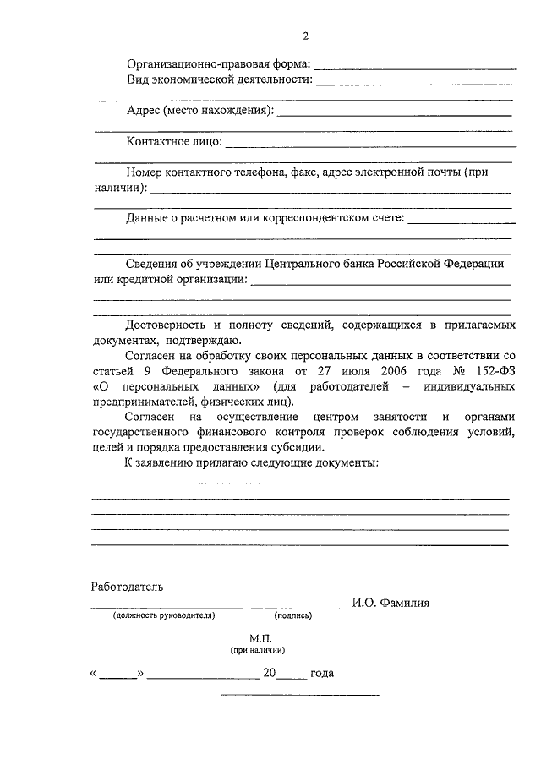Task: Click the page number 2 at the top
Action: pyautogui.click(x=305, y=36)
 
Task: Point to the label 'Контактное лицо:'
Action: pyautogui.click(x=174, y=141)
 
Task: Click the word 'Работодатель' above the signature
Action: pyautogui.click(x=128, y=586)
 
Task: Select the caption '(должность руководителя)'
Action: pyautogui.click(x=166, y=616)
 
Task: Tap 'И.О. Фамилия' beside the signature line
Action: pyautogui.click(x=391, y=603)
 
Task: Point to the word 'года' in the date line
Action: pyautogui.click(x=322, y=674)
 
